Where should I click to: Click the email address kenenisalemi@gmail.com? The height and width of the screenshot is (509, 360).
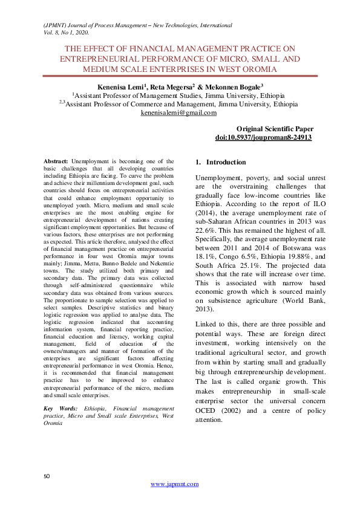178,112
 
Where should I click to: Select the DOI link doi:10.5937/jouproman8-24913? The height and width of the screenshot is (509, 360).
263,138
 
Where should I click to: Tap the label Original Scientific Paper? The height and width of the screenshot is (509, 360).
275,129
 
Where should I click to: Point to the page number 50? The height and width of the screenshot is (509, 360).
47,477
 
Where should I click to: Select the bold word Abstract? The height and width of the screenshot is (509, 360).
56,161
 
